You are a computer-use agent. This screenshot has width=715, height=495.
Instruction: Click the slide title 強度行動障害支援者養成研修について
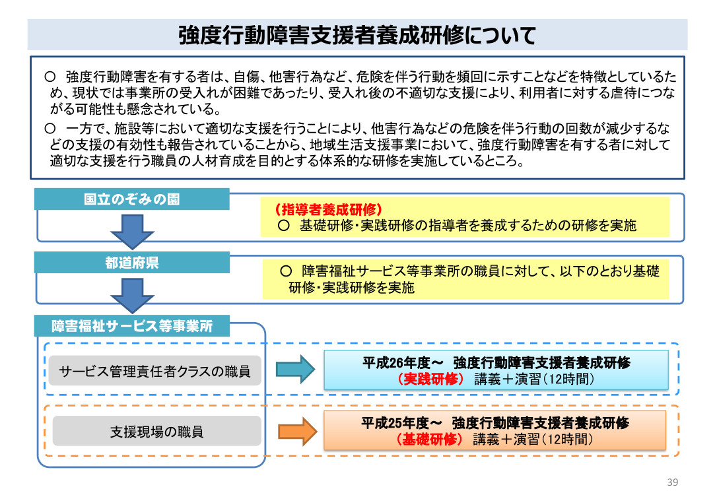pos(357,36)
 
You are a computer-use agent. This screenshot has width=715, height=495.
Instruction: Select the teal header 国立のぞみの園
pos(131,199)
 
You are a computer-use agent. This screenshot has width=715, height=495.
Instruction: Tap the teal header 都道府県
pos(131,263)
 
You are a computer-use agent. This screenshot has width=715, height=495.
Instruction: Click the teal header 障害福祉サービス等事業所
pos(132,326)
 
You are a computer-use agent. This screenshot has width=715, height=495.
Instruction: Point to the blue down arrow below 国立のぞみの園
pos(132,231)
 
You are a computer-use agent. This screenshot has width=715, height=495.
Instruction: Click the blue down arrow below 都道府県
pos(132,294)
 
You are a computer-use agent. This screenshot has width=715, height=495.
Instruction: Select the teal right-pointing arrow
pos(296,369)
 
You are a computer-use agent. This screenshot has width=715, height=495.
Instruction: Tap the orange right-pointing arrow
pos(298,431)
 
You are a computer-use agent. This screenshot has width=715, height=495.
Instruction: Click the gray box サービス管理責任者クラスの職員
pos(155,371)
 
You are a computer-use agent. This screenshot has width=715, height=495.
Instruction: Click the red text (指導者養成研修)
pos(328,210)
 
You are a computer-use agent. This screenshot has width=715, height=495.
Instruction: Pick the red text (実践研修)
pos(431,379)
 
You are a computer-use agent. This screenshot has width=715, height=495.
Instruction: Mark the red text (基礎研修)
pos(430,439)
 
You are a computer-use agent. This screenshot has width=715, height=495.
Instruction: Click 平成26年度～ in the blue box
pos(401,362)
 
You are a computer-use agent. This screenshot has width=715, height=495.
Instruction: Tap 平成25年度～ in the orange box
pos(401,423)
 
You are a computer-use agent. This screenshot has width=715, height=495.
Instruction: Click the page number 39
pos(673,481)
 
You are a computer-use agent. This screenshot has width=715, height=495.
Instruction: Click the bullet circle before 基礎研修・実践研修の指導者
pos(283,226)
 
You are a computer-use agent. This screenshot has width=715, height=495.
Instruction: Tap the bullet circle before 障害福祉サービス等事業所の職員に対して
pos(286,271)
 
